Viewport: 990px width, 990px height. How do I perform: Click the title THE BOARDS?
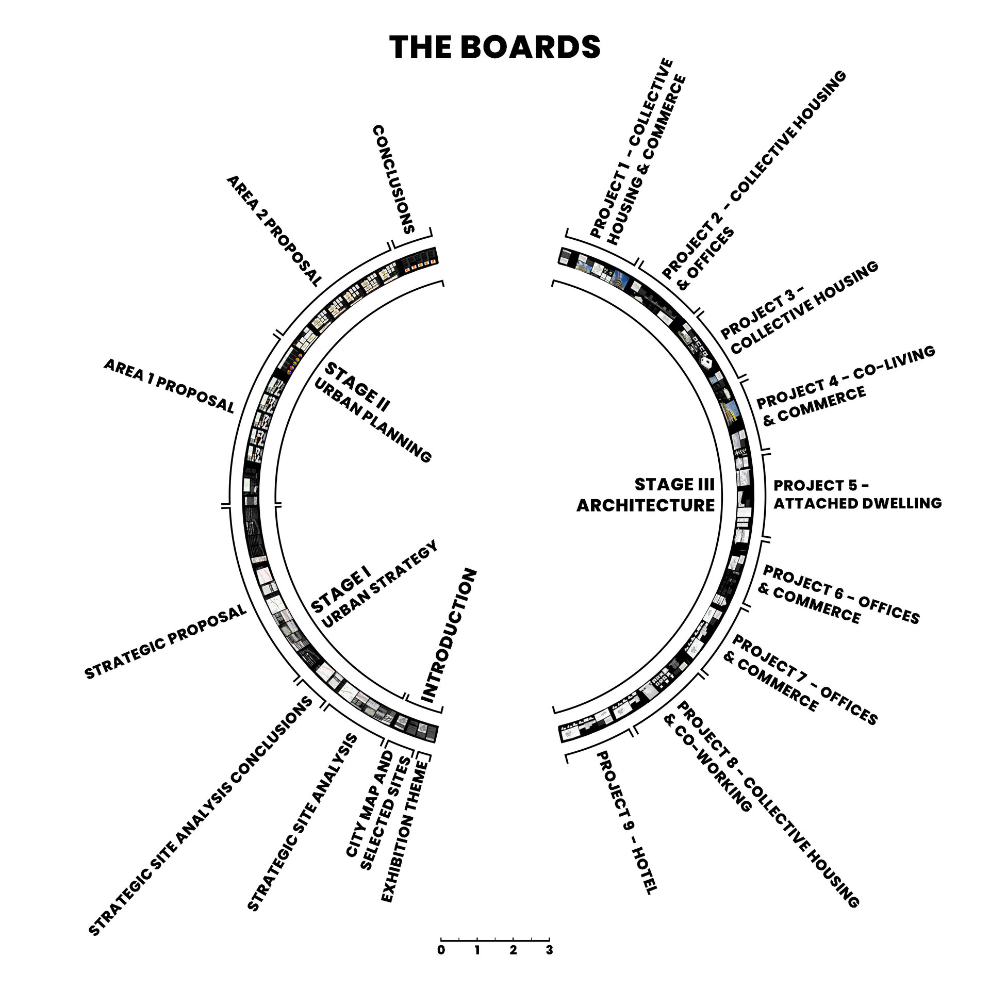pyautogui.click(x=494, y=47)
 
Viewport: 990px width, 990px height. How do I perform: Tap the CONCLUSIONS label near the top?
pyautogui.click(x=394, y=179)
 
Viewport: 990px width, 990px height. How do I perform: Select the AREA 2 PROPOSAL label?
pyautogui.click(x=273, y=230)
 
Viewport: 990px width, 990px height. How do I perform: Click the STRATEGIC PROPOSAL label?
pyautogui.click(x=166, y=642)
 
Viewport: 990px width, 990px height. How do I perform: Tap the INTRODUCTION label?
pyautogui.click(x=449, y=637)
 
